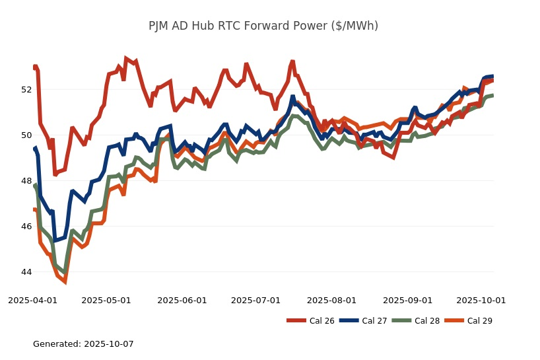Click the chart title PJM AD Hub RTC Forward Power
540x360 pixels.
click(263, 26)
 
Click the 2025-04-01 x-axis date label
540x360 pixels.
click(32, 300)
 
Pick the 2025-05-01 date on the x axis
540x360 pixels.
click(106, 300)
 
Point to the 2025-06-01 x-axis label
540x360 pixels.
click(182, 300)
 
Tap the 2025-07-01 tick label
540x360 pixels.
click(255, 300)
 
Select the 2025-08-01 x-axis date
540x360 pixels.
click(331, 300)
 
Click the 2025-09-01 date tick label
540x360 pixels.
click(407, 300)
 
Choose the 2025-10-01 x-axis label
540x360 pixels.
click(481, 300)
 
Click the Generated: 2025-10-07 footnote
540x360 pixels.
click(83, 344)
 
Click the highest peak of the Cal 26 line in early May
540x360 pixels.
click(126, 59)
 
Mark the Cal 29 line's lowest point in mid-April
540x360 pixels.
click(65, 281)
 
